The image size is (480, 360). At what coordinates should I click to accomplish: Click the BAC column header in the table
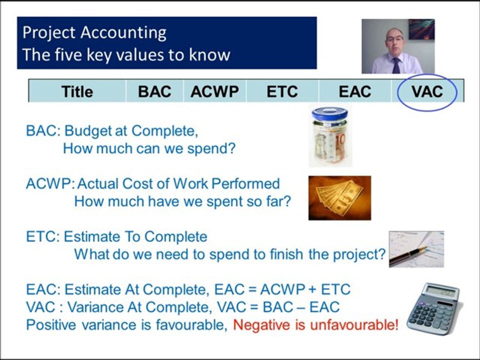pyautogui.click(x=154, y=91)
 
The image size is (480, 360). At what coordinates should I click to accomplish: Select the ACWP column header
pyautogui.click(x=214, y=91)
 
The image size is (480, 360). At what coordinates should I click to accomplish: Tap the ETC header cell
pyautogui.click(x=282, y=91)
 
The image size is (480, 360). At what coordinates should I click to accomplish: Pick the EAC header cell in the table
pyautogui.click(x=355, y=91)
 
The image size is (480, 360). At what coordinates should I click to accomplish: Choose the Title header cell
pyautogui.click(x=77, y=91)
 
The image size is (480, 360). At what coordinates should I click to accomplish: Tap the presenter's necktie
pyautogui.click(x=396, y=65)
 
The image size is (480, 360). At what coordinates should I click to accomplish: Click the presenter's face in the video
pyautogui.click(x=394, y=42)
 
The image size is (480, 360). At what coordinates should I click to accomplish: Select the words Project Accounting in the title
pyautogui.click(x=94, y=32)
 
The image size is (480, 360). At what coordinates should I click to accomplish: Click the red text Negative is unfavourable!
pyautogui.click(x=316, y=325)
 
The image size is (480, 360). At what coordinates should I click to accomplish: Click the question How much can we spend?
pyautogui.click(x=148, y=148)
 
